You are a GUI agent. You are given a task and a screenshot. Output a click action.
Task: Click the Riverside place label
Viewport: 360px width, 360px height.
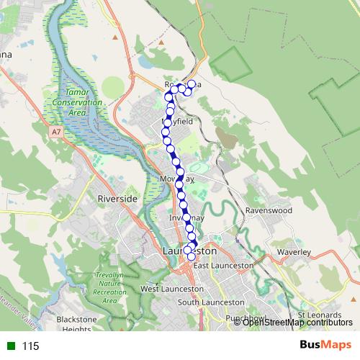117,198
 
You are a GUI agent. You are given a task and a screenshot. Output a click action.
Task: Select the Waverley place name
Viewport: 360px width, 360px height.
294,253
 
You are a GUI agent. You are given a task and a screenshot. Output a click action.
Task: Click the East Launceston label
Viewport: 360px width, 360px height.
223,266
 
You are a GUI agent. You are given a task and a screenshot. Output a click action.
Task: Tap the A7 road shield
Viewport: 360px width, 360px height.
56,132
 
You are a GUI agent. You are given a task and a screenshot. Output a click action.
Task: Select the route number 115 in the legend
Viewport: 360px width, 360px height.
30,346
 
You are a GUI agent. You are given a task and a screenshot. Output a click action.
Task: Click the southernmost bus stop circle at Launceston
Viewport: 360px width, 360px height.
191,256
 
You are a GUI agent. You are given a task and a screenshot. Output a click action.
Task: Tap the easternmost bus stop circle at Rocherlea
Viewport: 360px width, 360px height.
191,85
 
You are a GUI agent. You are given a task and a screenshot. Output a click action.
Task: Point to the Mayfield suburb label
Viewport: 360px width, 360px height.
176,123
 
